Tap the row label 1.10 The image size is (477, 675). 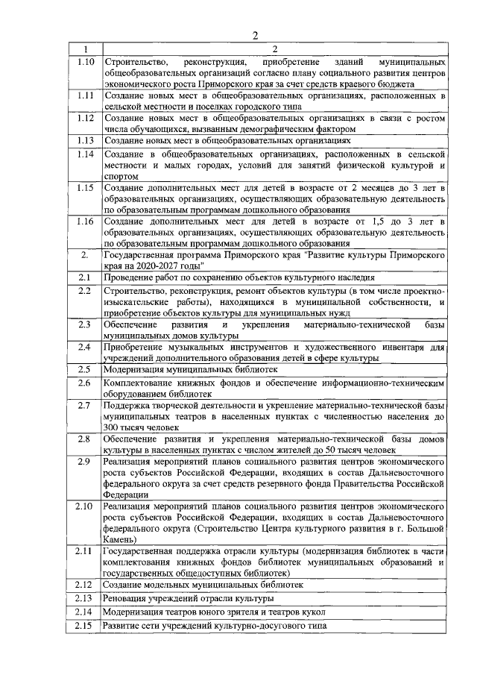pos(85,61)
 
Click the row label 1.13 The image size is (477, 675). pos(85,139)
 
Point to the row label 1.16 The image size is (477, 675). pos(85,222)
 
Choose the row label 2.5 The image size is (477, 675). pos(85,368)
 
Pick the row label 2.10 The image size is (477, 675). pos(85,507)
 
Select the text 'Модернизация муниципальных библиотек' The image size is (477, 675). pos(191,369)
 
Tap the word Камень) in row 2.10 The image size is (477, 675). pos(121,539)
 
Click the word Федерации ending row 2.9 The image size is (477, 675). pos(127,495)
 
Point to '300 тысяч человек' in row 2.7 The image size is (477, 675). pos(141,428)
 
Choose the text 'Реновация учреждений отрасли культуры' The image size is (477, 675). pos(189,598)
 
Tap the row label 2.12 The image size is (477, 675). pos(85,584)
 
